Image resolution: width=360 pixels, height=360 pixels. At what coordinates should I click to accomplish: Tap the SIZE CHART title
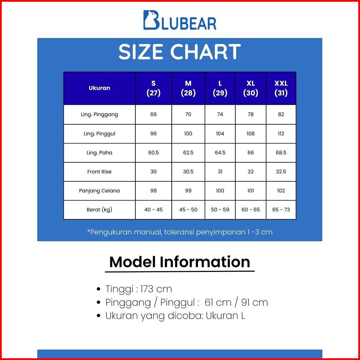pyautogui.click(x=180, y=52)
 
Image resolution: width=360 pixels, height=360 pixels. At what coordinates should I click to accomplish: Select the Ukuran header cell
pyautogui.click(x=100, y=88)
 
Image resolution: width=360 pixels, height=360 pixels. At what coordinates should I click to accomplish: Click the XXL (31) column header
pyautogui.click(x=281, y=88)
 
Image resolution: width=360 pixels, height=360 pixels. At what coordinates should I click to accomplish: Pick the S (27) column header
pyautogui.click(x=154, y=88)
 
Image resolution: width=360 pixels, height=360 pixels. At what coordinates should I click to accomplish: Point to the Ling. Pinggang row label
pyautogui.click(x=100, y=114)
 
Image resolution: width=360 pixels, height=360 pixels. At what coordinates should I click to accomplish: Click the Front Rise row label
pyautogui.click(x=100, y=172)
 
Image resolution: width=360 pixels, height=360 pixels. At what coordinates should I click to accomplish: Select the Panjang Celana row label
pyautogui.click(x=100, y=190)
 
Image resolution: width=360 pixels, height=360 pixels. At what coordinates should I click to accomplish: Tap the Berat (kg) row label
pyautogui.click(x=100, y=210)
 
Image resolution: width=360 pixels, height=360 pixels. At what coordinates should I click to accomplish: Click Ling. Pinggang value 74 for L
pyautogui.click(x=220, y=114)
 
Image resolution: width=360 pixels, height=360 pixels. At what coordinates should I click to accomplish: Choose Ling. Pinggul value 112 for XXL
pyautogui.click(x=281, y=134)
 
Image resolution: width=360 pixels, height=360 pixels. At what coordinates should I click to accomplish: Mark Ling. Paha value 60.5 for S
pyautogui.click(x=154, y=153)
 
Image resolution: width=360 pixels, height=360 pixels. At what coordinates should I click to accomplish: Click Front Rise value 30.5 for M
pyautogui.click(x=188, y=172)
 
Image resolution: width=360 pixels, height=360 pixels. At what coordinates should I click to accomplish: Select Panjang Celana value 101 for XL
pyautogui.click(x=250, y=190)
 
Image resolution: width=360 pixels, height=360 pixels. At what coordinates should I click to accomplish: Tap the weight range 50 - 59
pyautogui.click(x=220, y=210)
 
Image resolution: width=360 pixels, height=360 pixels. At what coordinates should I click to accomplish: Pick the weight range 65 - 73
pyautogui.click(x=281, y=210)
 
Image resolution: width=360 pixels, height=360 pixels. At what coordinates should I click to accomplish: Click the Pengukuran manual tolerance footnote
pyautogui.click(x=180, y=232)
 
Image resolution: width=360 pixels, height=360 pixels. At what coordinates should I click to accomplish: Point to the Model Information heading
pyautogui.click(x=180, y=262)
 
